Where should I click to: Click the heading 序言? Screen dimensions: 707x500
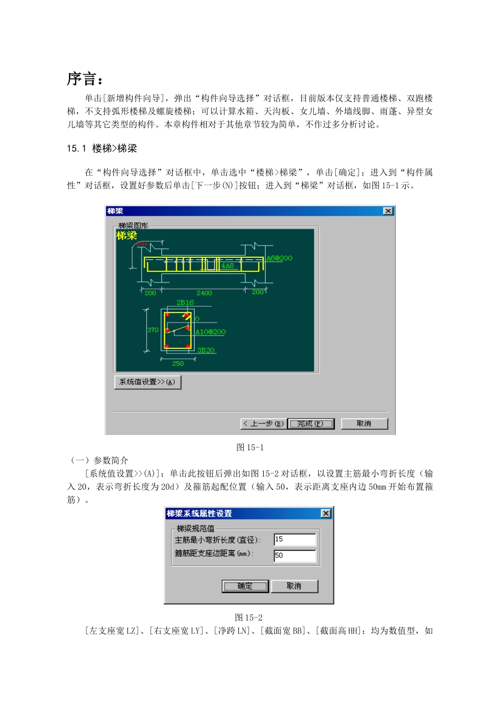pyautogui.click(x=84, y=79)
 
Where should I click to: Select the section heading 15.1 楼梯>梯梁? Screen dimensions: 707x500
pyautogui.click(x=102, y=148)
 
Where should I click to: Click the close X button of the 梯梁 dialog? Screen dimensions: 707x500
pyautogui.click(x=388, y=211)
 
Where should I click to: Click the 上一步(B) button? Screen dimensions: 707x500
pyautogui.click(x=264, y=423)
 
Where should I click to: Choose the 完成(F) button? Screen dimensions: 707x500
pyautogui.click(x=311, y=423)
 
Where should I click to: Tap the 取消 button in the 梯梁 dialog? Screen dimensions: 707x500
pyautogui.click(x=364, y=423)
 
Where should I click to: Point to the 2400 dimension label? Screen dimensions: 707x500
pyautogui.click(x=204, y=293)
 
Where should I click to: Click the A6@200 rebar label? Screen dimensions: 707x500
pyautogui.click(x=279, y=258)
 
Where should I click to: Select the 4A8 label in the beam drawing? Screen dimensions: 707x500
pyautogui.click(x=227, y=266)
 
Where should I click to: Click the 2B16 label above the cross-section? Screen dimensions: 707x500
pyautogui.click(x=185, y=302)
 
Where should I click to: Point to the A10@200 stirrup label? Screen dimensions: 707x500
pyautogui.click(x=211, y=332)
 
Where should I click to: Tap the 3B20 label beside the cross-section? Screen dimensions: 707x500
pyautogui.click(x=206, y=350)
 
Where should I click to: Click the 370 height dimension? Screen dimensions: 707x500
pyautogui.click(x=153, y=330)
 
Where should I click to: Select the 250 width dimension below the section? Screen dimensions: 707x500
pyautogui.click(x=178, y=363)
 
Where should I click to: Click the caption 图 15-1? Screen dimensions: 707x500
pyautogui.click(x=250, y=447)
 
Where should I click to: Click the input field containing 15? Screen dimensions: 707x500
pyautogui.click(x=295, y=539)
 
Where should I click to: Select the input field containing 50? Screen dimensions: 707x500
pyautogui.click(x=295, y=555)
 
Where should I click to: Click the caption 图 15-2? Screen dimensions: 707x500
pyautogui.click(x=248, y=617)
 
